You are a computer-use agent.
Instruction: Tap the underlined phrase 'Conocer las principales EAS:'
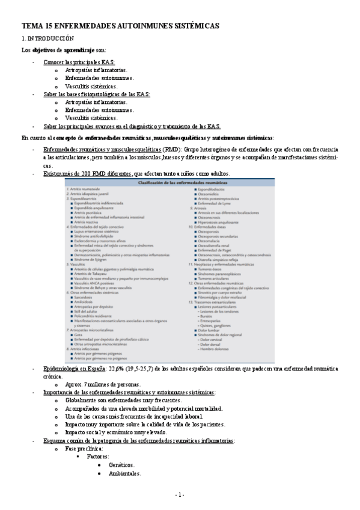point(79,62)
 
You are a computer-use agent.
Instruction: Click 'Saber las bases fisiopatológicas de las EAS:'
point(97,94)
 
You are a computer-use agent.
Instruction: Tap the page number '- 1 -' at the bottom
point(180,494)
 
